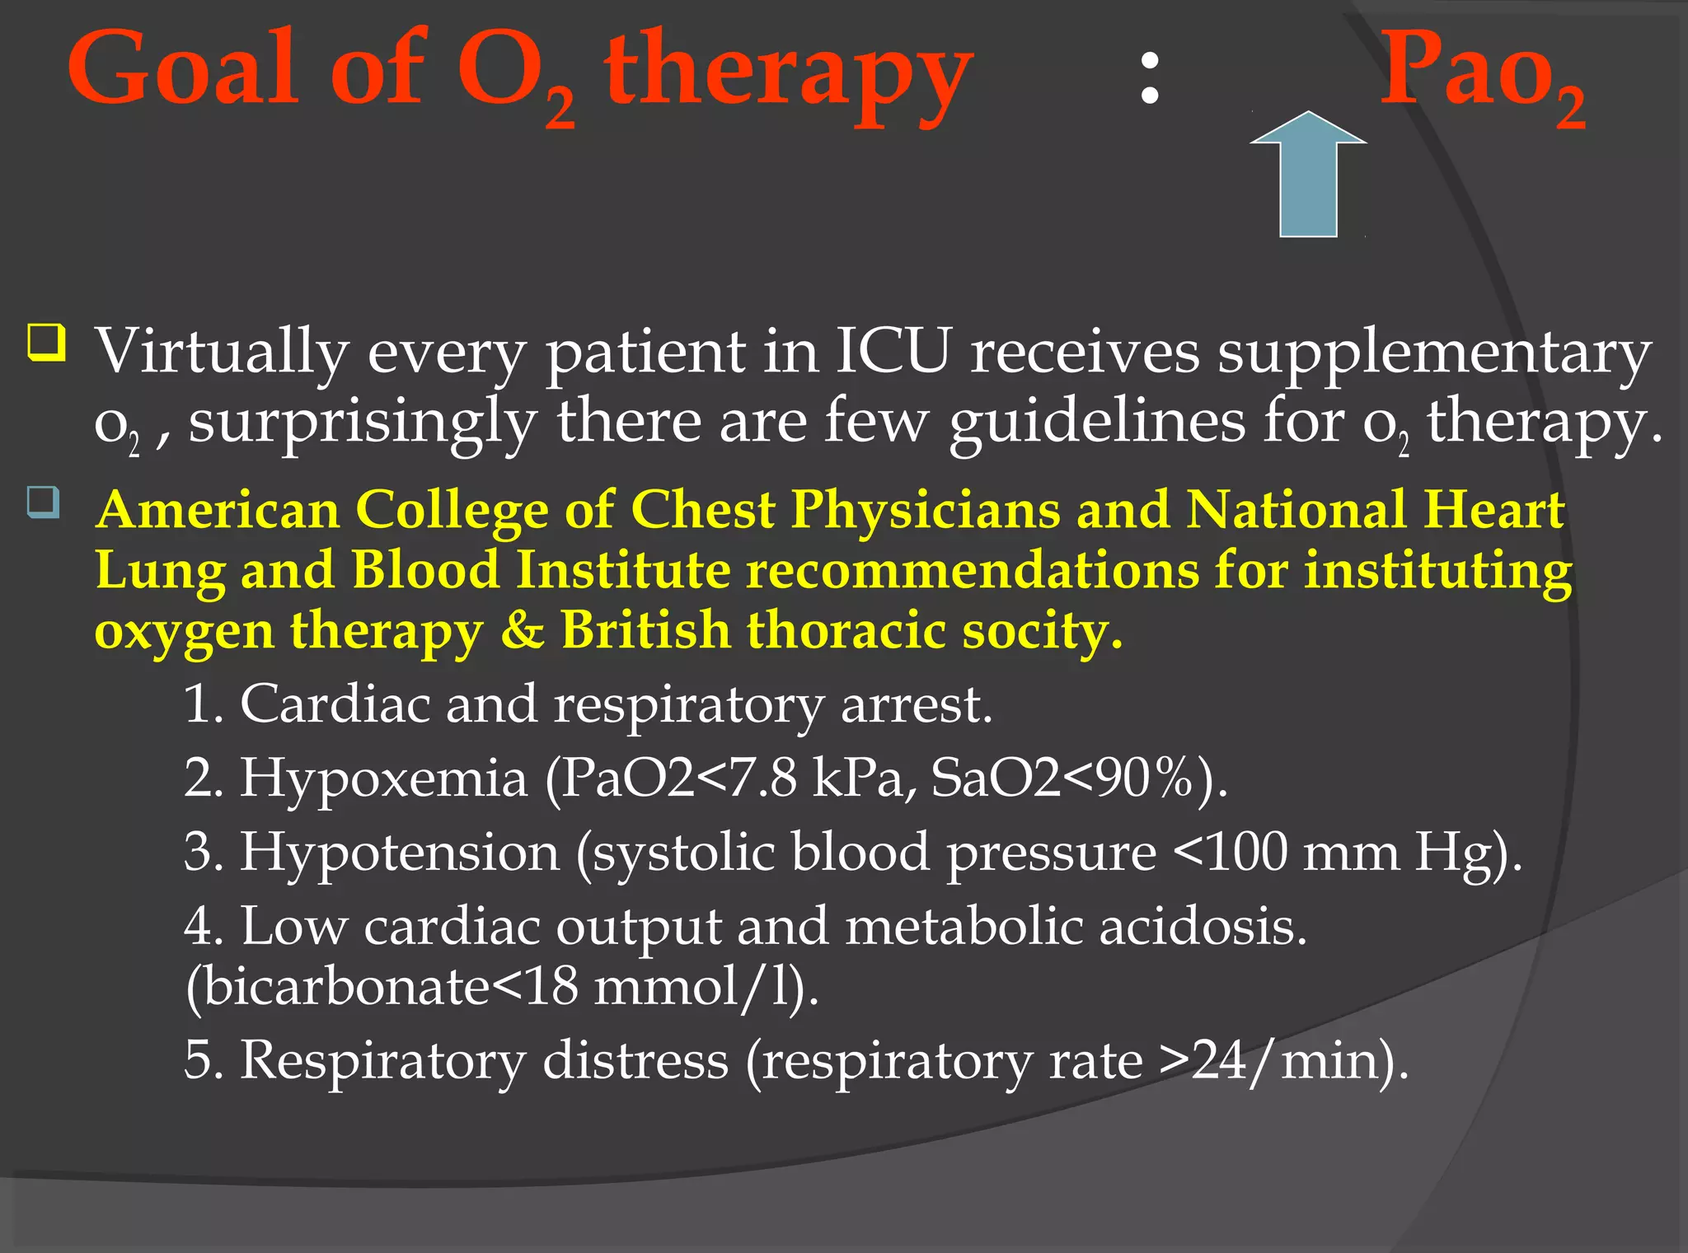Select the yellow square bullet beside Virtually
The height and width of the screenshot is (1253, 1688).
[46, 343]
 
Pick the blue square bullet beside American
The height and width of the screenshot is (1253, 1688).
[43, 502]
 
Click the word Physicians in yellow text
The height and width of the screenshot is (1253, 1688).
[925, 509]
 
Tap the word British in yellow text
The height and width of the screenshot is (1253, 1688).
[645, 631]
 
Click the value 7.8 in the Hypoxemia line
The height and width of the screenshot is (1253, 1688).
[766, 777]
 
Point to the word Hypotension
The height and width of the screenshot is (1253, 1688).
[400, 852]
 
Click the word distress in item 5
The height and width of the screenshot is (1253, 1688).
[635, 1059]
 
